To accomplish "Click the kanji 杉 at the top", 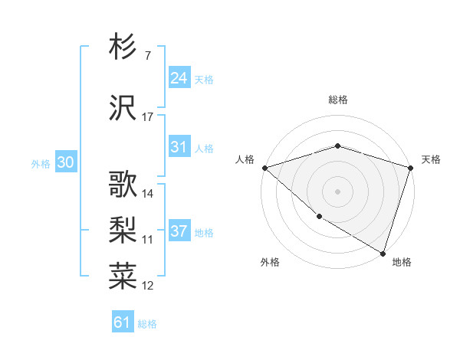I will [123, 47].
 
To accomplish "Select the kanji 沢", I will [123, 108].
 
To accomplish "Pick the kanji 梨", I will [123, 231].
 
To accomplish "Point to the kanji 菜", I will [123, 277].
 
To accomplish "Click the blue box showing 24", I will [179, 77].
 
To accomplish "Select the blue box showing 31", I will [179, 147].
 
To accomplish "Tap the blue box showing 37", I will [179, 231].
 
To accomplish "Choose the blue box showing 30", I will [65, 162].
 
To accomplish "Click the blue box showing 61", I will [123, 322].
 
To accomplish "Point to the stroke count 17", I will [148, 117].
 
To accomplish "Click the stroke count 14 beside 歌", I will [148, 194].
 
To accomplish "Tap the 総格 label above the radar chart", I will [338, 100].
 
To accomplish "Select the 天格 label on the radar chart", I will [431, 159].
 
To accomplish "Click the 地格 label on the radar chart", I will [402, 262].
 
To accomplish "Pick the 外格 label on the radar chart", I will [270, 262].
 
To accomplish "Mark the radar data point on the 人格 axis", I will [264, 167].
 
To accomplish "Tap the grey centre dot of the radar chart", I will [338, 191].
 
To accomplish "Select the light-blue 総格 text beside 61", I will [147, 324].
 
